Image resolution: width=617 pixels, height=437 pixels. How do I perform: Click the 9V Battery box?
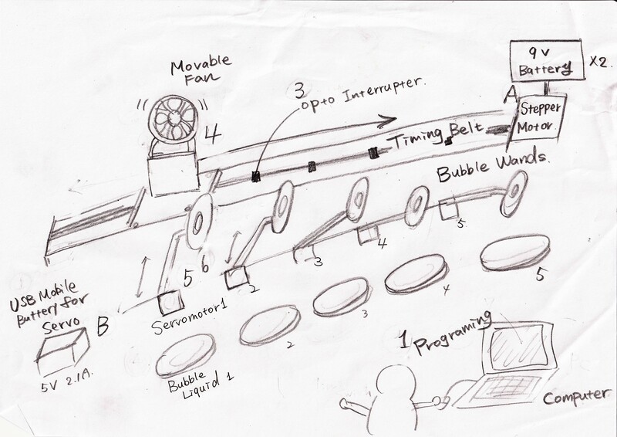545,60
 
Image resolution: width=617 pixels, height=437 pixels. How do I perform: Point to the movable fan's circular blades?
173,119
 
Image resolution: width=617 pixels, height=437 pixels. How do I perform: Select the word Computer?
574,396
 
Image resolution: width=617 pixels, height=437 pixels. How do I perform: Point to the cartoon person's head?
396,384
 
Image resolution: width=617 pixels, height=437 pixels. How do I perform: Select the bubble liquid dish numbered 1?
185,355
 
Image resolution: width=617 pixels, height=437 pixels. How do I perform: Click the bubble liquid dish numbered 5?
514,252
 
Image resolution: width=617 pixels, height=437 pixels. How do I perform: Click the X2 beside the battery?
600,63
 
